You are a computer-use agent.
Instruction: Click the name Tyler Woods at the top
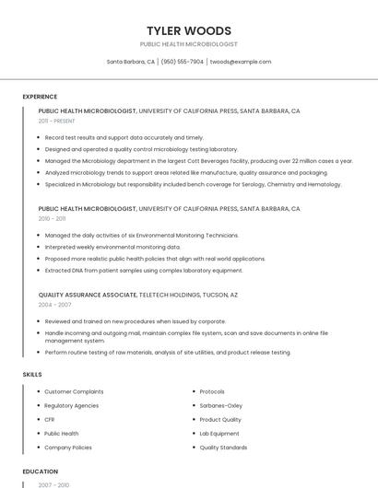click(x=188, y=30)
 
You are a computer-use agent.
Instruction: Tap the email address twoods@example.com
click(x=240, y=62)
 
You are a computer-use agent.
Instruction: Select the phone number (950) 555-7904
click(x=182, y=62)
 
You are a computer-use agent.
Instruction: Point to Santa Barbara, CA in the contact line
click(x=130, y=62)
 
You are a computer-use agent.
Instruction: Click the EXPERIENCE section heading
click(x=40, y=97)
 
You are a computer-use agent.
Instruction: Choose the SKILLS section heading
click(x=32, y=375)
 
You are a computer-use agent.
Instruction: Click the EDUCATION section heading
click(x=40, y=471)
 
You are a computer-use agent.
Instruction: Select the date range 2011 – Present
click(x=56, y=121)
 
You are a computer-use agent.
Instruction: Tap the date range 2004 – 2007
click(x=54, y=304)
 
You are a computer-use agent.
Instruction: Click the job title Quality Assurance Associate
click(x=88, y=295)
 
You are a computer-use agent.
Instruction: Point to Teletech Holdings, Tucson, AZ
click(x=188, y=295)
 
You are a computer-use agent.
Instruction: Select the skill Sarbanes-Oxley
click(x=220, y=405)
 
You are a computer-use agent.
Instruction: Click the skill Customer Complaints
click(x=74, y=391)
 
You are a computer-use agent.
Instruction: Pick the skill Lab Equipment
click(x=219, y=433)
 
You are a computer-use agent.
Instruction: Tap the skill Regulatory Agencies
click(x=71, y=405)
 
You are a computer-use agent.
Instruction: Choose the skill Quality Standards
click(x=223, y=447)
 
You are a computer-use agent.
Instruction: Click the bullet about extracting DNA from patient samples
click(x=144, y=271)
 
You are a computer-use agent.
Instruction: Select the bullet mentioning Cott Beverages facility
click(x=198, y=160)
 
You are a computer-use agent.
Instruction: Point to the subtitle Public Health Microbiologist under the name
click(x=188, y=44)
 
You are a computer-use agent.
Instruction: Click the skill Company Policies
click(x=68, y=447)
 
